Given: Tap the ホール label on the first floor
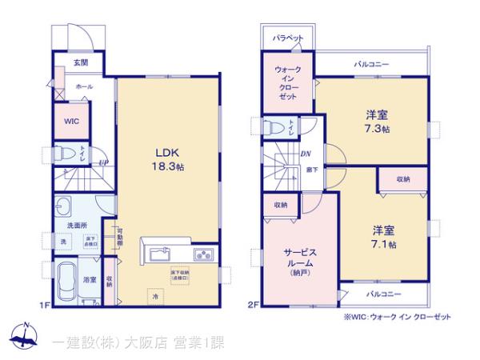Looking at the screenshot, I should point(83,86).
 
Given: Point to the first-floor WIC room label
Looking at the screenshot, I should point(71,122).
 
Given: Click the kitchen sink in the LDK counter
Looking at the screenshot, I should point(159,255).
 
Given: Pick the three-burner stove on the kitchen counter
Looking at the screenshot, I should point(202,255).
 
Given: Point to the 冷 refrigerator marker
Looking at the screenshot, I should point(157,296).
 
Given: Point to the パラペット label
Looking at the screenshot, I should point(286,38).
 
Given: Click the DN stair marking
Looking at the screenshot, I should point(305,155).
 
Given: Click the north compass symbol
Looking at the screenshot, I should point(26,336).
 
